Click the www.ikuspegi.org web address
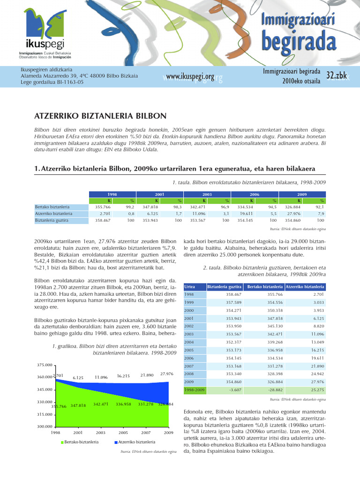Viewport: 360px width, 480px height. pyautogui.click(x=190, y=76)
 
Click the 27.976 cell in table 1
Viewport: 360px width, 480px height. pyautogui.click(x=299, y=213)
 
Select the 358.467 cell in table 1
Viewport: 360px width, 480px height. pyautogui.click(x=103, y=220)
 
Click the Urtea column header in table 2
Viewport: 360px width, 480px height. pyautogui.click(x=190, y=286)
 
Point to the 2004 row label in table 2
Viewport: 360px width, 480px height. pyautogui.click(x=189, y=342)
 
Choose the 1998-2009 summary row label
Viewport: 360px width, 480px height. pyautogui.click(x=194, y=390)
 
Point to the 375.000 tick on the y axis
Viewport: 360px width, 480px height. pyautogui.click(x=44, y=365)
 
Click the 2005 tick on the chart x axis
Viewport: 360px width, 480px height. pyautogui.click(x=123, y=432)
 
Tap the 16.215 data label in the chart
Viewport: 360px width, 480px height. pyautogui.click(x=123, y=376)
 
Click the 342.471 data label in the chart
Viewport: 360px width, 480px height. pyautogui.click(x=101, y=404)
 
